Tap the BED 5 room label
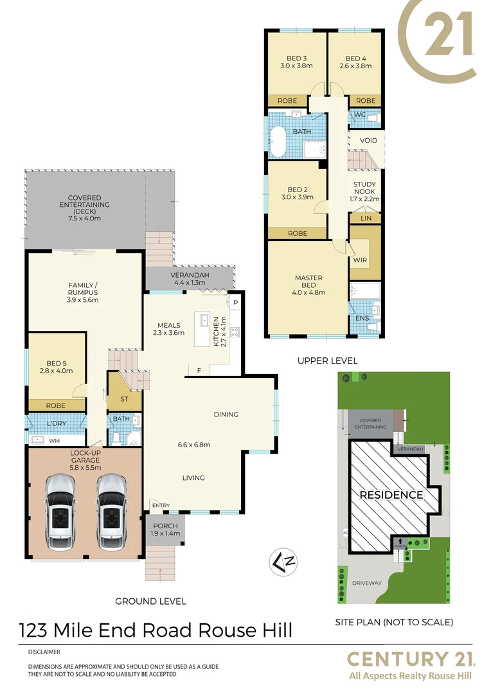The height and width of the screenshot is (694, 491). point(53,367)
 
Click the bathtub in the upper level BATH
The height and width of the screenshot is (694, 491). point(278,141)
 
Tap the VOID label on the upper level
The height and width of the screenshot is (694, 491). point(368,140)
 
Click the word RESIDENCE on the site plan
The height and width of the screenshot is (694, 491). point(391,495)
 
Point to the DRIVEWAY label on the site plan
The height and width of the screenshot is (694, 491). point(366,583)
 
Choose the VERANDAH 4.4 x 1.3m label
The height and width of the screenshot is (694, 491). point(188,278)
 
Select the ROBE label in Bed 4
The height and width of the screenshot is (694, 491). point(366,101)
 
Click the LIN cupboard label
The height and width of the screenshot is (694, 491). point(365,218)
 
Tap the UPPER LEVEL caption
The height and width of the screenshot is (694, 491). point(327,361)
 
